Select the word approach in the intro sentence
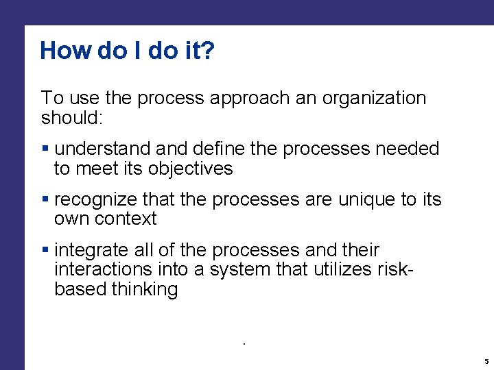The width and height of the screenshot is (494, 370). pos(253,99)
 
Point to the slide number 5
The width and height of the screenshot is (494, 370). pos(486,361)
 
